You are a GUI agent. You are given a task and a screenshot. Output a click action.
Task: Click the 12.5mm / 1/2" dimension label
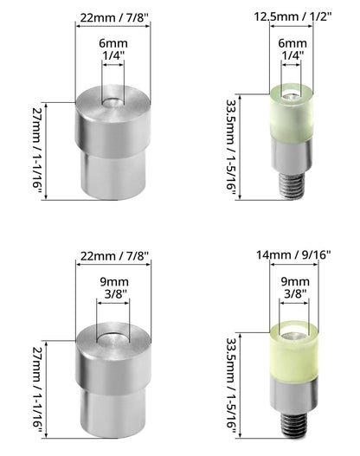(x=292, y=16)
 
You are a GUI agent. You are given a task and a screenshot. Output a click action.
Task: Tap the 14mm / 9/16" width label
(x=293, y=254)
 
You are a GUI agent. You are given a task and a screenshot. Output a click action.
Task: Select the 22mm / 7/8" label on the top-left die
(x=114, y=18)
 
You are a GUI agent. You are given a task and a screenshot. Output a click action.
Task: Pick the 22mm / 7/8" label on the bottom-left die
(x=114, y=256)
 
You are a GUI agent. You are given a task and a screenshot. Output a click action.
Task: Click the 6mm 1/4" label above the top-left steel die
(x=113, y=48)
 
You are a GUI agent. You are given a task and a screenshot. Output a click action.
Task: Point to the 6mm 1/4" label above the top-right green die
(x=292, y=48)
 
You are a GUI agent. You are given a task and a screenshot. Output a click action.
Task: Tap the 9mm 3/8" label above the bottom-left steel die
(x=114, y=287)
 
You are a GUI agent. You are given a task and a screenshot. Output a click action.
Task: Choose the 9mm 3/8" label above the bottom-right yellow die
(x=295, y=287)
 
